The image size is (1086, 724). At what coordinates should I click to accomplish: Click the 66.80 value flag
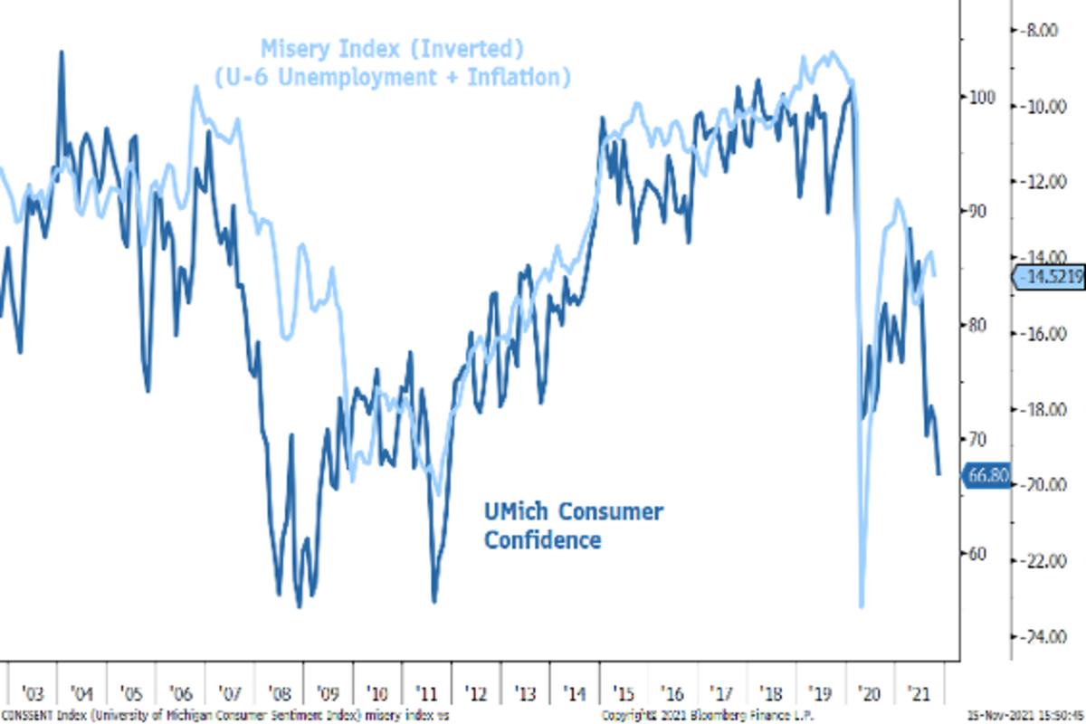[x=986, y=474]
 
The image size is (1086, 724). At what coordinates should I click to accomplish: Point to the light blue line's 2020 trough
[x=862, y=605]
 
